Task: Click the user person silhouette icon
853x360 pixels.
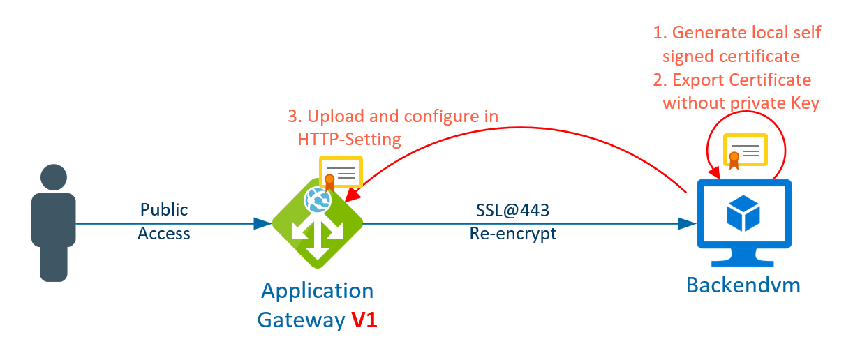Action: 54,222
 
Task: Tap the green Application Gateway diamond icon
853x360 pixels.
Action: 318,224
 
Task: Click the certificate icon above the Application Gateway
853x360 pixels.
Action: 340,172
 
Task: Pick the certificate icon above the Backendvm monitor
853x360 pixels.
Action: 745,150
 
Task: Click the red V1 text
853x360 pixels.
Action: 364,320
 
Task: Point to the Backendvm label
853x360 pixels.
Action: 743,285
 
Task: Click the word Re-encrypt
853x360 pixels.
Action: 513,233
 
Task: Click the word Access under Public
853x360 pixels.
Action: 164,233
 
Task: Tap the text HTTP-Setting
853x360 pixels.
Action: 349,139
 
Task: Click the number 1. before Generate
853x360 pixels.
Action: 660,33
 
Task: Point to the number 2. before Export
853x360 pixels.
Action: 660,80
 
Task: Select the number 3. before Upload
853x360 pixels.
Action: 295,116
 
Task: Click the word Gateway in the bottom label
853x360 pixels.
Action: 301,320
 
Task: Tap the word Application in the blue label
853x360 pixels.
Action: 318,290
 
